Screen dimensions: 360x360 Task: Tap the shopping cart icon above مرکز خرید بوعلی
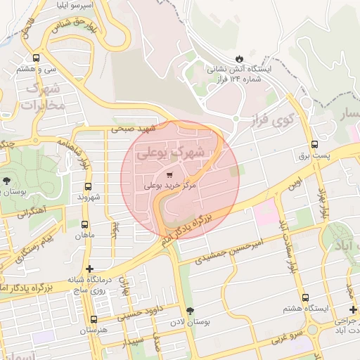tap(169, 174)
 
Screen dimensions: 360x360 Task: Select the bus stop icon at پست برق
tap(314, 146)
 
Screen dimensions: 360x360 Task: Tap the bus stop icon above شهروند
tap(88, 186)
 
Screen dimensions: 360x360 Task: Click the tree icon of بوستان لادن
tap(189, 311)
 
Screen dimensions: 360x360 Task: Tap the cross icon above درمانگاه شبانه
tap(89, 269)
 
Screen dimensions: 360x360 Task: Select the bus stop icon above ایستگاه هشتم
tap(304, 297)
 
